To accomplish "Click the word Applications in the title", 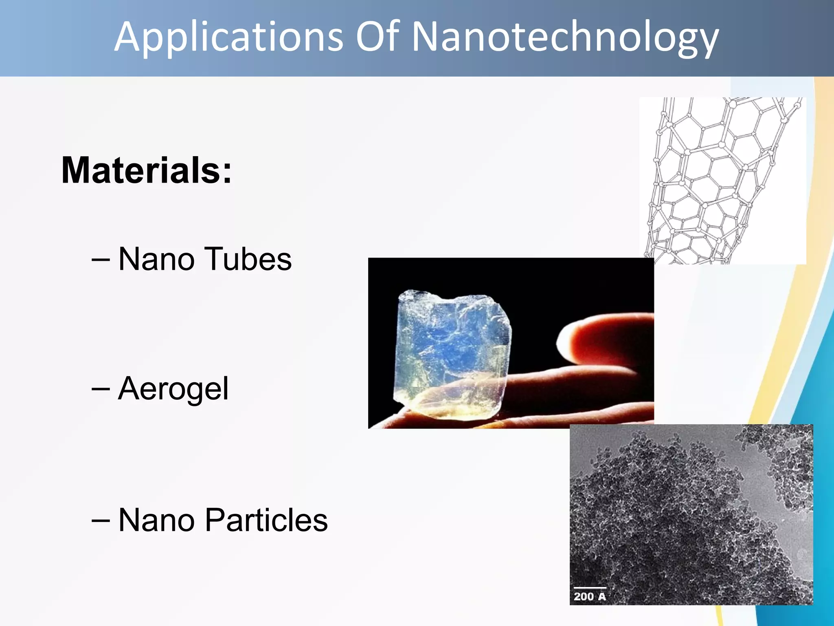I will pyautogui.click(x=228, y=37).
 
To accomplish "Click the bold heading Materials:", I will pyautogui.click(x=147, y=170).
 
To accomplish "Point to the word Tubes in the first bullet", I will pyautogui.click(x=248, y=259).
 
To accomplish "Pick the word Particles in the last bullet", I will pyautogui.click(x=266, y=520).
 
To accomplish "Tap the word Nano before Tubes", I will pyautogui.click(x=156, y=260).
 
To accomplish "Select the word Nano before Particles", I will pyautogui.click(x=156, y=520).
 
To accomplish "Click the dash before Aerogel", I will pyautogui.click(x=101, y=389).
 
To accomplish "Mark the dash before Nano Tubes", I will pyautogui.click(x=101, y=259).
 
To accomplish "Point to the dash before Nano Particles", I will pyautogui.click(x=101, y=520).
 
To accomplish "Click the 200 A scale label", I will pyautogui.click(x=589, y=597).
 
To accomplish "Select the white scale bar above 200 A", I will pyautogui.click(x=590, y=588).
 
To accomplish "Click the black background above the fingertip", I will pyautogui.click(x=590, y=285).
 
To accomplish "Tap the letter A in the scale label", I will pyautogui.click(x=601, y=597).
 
